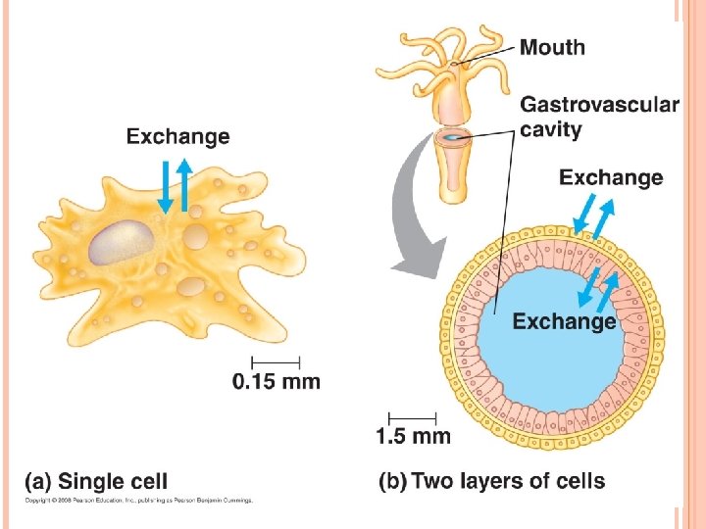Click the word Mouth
tap(551, 46)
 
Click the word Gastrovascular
tap(599, 105)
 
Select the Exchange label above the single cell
tap(177, 136)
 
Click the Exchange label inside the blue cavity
tap(564, 320)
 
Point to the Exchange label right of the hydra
tap(610, 177)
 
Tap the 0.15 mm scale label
tap(276, 381)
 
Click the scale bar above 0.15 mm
tap(276, 360)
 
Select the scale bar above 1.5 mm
tap(412, 415)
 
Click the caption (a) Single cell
tap(96, 481)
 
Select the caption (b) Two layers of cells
tap(491, 481)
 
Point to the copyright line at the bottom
tap(138, 501)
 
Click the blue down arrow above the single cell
tap(165, 187)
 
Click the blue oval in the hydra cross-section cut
tap(452, 138)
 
